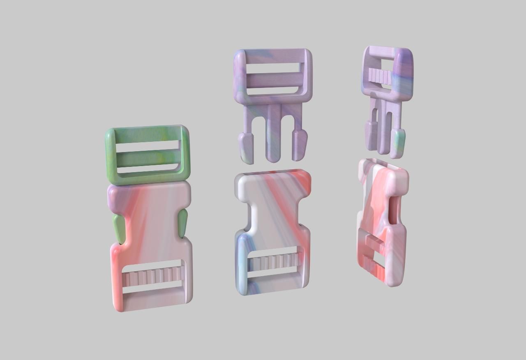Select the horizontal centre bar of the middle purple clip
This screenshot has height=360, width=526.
[x=272, y=79]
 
